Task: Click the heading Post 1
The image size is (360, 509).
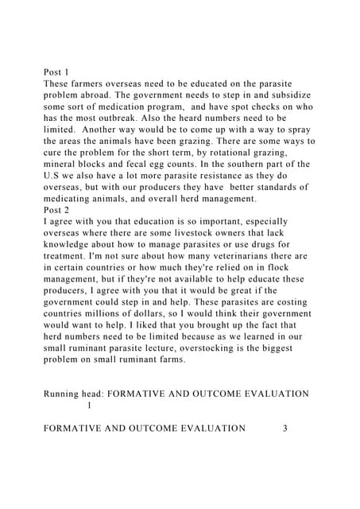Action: tap(57, 72)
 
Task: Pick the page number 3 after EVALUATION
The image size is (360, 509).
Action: tap(285, 428)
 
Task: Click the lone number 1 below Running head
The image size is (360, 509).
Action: tap(90, 405)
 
